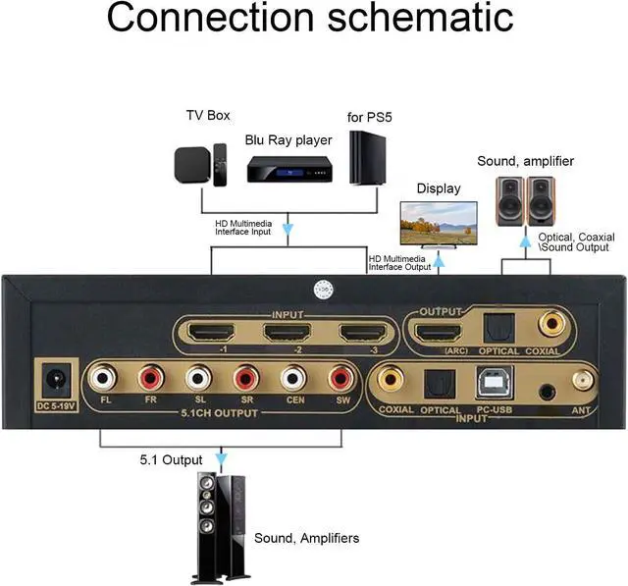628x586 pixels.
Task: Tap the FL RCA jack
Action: click(105, 378)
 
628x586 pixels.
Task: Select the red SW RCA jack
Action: click(340, 378)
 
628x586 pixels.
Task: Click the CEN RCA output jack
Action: click(293, 378)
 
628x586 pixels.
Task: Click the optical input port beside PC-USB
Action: click(439, 382)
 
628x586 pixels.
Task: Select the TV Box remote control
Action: click(220, 164)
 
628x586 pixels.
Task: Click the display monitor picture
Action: click(438, 224)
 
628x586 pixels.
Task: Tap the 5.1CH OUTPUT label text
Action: click(221, 413)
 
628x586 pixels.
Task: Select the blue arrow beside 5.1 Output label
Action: click(221, 458)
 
